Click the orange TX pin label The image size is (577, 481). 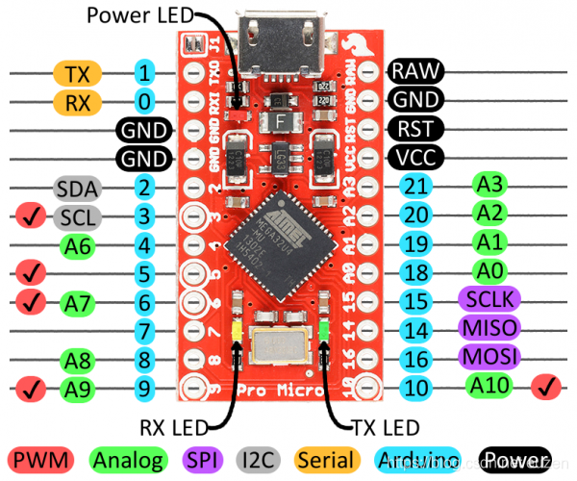(75, 73)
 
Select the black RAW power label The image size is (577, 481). (414, 70)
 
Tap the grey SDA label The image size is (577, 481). (75, 188)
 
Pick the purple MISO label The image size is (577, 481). (489, 329)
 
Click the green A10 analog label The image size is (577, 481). (490, 387)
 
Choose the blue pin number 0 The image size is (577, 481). (144, 101)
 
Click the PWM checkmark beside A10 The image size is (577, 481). (545, 388)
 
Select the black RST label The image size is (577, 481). (414, 128)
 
